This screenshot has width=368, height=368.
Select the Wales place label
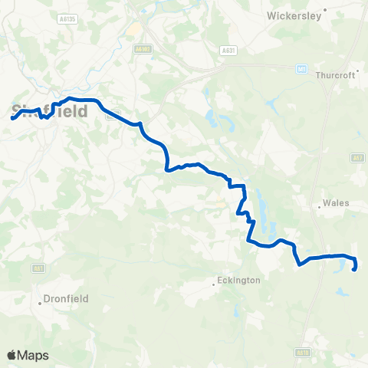point(337,203)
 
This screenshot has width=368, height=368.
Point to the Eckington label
point(240,281)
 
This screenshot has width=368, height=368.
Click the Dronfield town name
point(66,298)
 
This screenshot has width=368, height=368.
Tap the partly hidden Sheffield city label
point(51,111)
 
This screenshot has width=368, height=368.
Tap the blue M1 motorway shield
point(302,69)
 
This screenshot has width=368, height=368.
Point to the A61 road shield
point(38,268)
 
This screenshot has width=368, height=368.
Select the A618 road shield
point(302,353)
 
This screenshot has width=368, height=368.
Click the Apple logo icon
point(12,355)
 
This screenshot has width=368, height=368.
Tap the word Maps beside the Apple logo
point(34,355)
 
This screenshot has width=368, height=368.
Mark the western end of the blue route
point(12,118)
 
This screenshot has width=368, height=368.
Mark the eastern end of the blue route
point(353,269)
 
